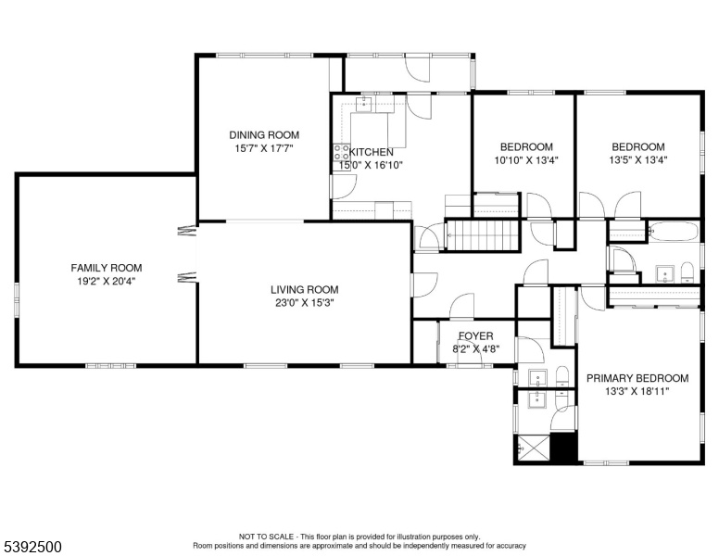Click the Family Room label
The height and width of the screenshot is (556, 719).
(107, 268)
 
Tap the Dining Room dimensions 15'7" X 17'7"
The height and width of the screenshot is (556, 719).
(264, 148)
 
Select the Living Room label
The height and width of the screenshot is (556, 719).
(305, 289)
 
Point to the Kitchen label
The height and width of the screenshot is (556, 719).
(372, 152)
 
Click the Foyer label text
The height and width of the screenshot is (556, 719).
(476, 335)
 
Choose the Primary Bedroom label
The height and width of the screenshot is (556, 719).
(637, 378)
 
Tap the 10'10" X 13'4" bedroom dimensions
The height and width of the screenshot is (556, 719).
(526, 160)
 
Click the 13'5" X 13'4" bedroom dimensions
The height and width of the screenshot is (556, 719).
(637, 160)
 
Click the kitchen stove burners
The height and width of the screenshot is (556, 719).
(341, 152)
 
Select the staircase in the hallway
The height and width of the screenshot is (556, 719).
(483, 234)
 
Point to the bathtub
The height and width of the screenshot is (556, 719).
(673, 231)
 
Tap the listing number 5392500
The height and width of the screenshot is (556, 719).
(32, 547)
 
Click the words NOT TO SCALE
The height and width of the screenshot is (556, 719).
(266, 537)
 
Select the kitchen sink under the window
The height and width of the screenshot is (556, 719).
(366, 103)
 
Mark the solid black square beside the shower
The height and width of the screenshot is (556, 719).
(562, 448)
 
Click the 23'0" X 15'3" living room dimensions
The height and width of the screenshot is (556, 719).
(305, 303)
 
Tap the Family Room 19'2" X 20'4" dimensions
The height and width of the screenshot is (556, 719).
(107, 281)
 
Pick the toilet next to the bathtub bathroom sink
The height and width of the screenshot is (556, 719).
(687, 272)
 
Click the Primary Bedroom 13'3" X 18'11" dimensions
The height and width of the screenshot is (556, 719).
(637, 391)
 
